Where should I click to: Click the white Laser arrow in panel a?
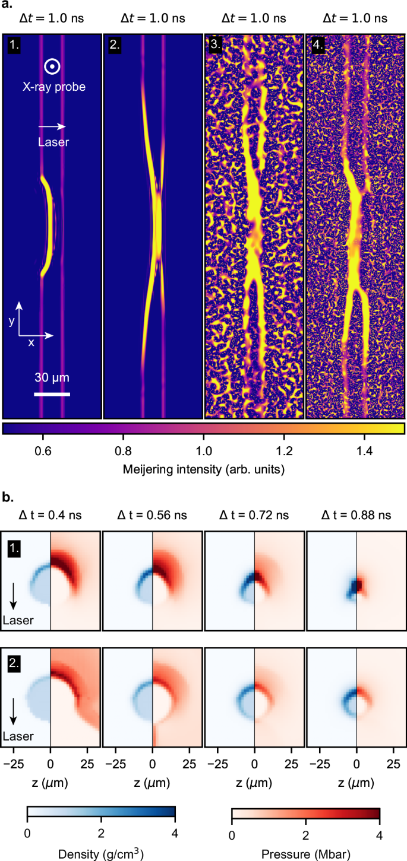pos(52,126)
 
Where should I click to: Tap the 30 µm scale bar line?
pos(52,393)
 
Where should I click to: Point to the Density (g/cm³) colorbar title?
pos(101,852)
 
